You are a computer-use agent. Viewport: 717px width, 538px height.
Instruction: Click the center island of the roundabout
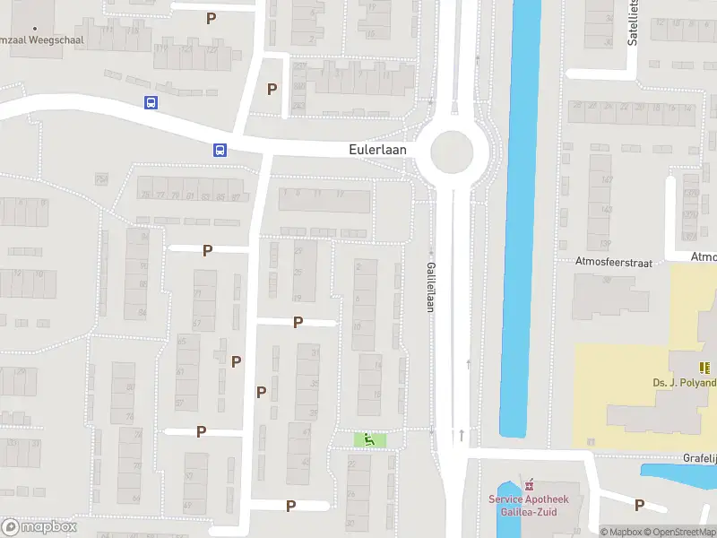click(x=451, y=152)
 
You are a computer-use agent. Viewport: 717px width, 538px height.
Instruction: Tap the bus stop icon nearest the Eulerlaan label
click(x=220, y=150)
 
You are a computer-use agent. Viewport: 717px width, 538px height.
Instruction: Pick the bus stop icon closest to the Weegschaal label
click(x=151, y=102)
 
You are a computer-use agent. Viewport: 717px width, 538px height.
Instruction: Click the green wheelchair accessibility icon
click(x=368, y=439)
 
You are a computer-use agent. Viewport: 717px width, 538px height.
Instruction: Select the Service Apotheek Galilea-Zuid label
click(x=529, y=505)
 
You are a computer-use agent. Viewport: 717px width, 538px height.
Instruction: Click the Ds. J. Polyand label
click(x=685, y=383)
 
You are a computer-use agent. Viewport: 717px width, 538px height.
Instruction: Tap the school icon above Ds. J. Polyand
click(x=704, y=367)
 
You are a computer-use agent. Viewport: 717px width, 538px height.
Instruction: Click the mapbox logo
click(x=39, y=527)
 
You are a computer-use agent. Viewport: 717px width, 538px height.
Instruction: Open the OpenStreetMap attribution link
click(x=685, y=532)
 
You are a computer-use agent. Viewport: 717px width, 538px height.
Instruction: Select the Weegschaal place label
click(x=30, y=40)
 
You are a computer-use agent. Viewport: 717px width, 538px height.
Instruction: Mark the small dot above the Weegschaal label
click(x=35, y=28)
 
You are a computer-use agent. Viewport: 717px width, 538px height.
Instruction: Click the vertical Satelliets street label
click(x=633, y=22)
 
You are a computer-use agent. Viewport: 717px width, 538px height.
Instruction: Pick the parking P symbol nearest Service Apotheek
click(x=639, y=505)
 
